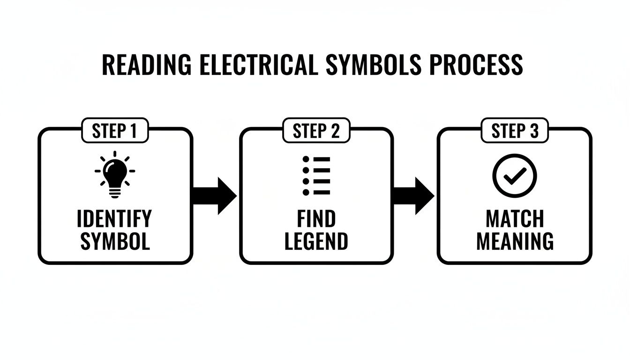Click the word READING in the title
click(147, 65)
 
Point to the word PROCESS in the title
click(476, 65)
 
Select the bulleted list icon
click(316, 176)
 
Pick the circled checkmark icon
click(515, 176)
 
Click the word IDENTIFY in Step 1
click(115, 219)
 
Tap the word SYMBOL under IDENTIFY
click(115, 241)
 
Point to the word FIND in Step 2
click(316, 219)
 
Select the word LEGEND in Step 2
click(316, 241)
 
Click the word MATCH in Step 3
click(515, 219)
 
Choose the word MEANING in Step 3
click(515, 241)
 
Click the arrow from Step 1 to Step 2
click(216, 195)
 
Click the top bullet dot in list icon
click(306, 159)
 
